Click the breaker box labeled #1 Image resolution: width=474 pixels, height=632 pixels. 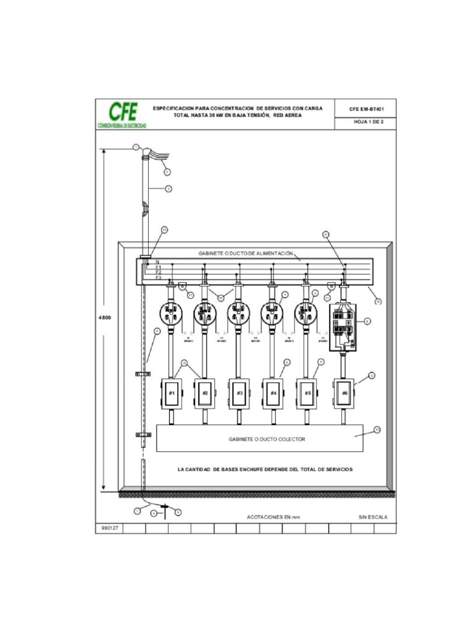(172, 393)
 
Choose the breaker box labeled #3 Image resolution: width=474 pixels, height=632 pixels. (240, 393)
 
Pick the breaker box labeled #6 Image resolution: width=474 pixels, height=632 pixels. (344, 392)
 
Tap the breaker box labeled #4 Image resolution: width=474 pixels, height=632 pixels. (273, 393)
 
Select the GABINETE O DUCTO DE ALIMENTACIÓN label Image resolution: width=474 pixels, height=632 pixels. (245, 254)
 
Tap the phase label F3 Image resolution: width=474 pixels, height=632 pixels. (159, 278)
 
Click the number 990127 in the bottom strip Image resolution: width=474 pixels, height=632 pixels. (106, 529)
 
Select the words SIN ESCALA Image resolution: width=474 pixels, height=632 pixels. (373, 517)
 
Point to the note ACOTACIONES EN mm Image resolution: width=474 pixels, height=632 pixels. (273, 517)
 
